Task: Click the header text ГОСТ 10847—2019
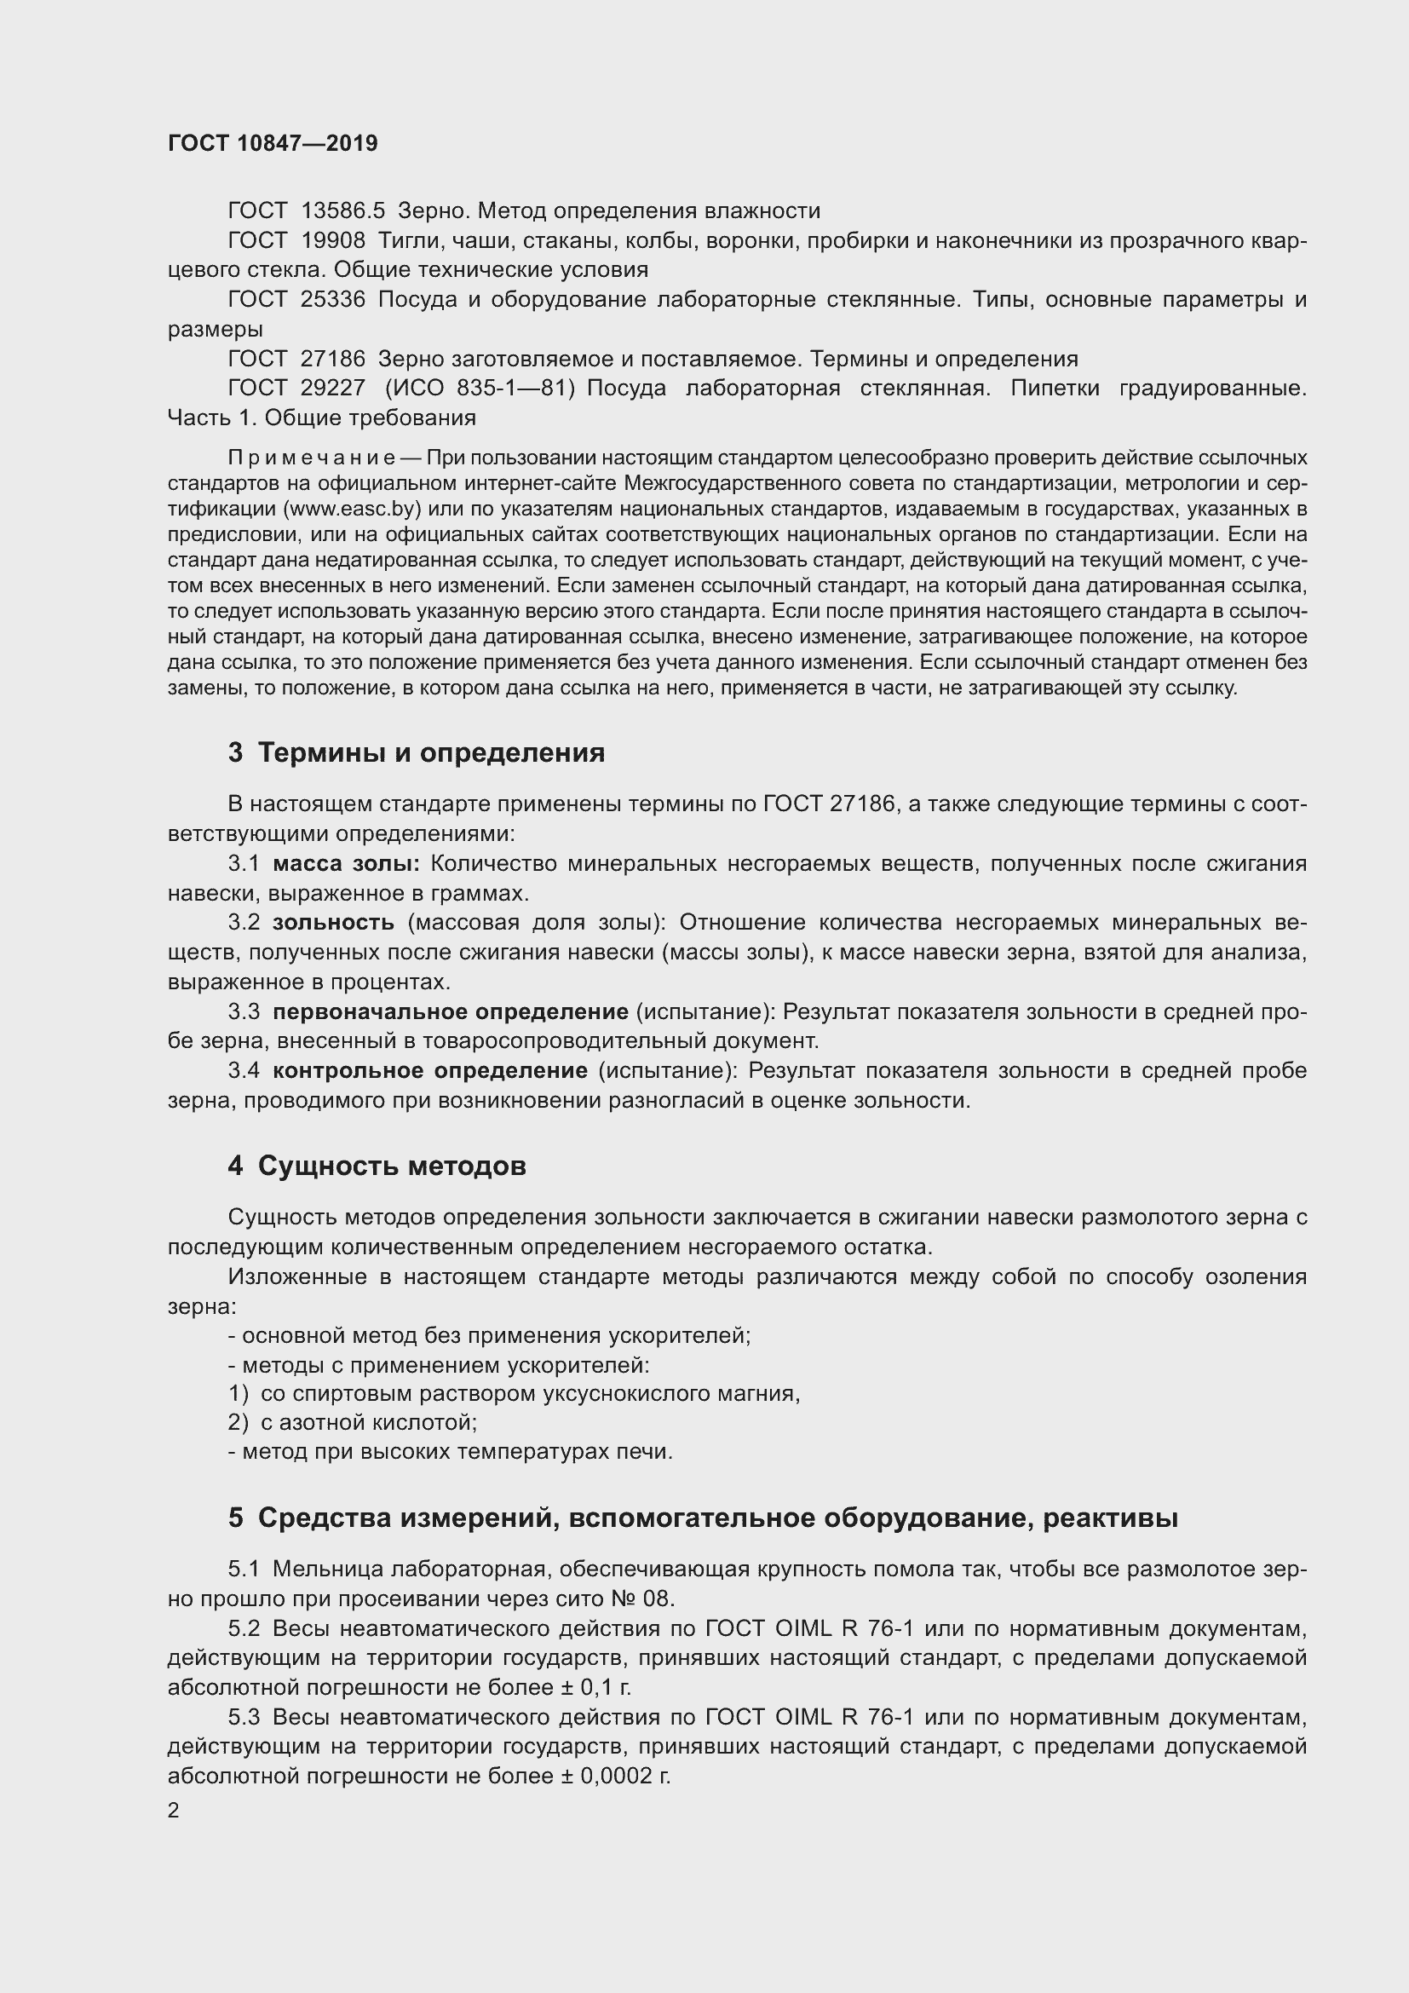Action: (273, 143)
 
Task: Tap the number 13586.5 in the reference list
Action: (342, 211)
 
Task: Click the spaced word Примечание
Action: (312, 458)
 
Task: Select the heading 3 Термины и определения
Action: (417, 752)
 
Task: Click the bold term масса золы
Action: (345, 864)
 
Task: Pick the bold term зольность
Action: (333, 923)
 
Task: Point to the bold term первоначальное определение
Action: (451, 1011)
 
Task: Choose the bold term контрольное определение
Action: (430, 1070)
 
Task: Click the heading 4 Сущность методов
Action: (377, 1166)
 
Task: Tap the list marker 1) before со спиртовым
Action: (239, 1393)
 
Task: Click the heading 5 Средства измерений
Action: (702, 1518)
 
